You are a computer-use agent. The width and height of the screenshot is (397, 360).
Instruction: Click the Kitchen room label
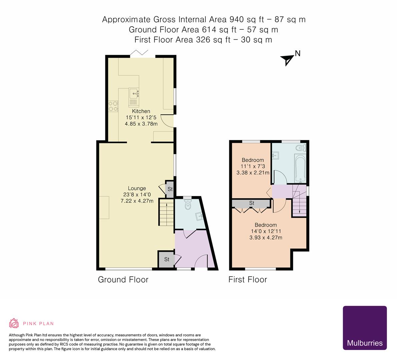141,111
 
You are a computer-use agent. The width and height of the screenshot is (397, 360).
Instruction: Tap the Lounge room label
137,188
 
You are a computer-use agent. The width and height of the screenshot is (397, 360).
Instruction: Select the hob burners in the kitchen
113,106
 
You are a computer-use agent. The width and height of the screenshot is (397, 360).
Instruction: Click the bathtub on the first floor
300,168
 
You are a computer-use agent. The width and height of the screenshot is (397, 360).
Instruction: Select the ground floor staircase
166,212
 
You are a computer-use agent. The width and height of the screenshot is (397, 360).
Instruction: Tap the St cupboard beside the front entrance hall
166,259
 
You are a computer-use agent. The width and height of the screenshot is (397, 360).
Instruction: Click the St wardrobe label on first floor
252,203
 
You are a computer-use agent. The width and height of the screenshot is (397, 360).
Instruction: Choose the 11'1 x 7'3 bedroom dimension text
253,166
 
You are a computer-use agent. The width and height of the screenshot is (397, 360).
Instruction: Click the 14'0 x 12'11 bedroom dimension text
266,231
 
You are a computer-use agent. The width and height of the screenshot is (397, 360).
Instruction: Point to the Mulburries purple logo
365,328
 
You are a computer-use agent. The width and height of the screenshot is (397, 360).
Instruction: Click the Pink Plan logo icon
14,323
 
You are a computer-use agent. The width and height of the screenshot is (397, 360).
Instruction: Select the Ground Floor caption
123,279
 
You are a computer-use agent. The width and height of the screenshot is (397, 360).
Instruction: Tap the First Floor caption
248,279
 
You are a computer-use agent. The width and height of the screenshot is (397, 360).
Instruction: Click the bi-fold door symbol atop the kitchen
139,53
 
